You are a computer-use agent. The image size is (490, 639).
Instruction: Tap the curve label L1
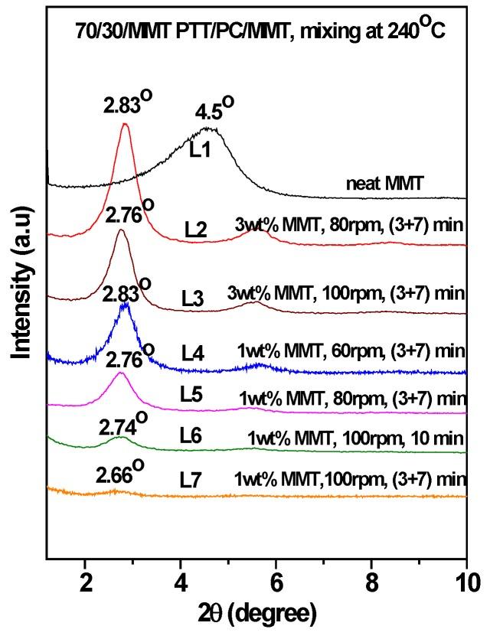[201, 150]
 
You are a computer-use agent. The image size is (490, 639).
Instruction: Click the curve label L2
[197, 229]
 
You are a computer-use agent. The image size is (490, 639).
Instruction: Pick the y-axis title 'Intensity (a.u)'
[23, 283]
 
